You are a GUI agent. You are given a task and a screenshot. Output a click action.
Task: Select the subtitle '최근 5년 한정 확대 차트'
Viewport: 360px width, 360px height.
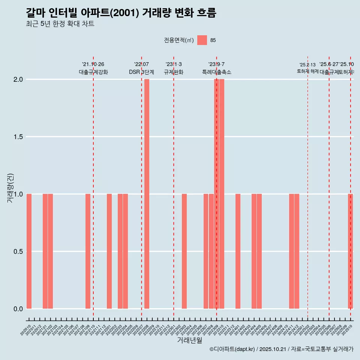pyautogui.click(x=60, y=24)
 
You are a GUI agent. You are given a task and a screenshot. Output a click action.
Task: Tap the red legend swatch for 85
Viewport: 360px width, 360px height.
pyautogui.click(x=202, y=40)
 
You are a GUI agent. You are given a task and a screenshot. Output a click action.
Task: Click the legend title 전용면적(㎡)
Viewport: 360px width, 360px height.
pyautogui.click(x=178, y=40)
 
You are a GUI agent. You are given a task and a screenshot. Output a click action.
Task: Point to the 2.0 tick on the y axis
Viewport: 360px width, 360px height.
pyautogui.click(x=18, y=79)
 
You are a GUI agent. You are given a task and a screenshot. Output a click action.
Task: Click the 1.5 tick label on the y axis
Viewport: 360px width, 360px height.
pyautogui.click(x=18, y=137)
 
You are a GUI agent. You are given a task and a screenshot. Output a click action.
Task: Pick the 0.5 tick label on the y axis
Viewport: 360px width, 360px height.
pyautogui.click(x=18, y=252)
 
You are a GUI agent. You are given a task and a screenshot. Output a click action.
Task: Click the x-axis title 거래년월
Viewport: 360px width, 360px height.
pyautogui.click(x=189, y=340)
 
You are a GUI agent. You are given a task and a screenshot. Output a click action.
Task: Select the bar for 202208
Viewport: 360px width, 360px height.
pyautogui.click(x=147, y=194)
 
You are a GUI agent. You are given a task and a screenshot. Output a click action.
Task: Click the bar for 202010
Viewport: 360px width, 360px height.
pyautogui.click(x=29, y=251)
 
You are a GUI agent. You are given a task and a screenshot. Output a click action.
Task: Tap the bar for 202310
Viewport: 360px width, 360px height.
pyautogui.click(x=222, y=194)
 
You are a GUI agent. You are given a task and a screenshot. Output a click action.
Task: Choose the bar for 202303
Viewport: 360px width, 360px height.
pyautogui.click(x=184, y=251)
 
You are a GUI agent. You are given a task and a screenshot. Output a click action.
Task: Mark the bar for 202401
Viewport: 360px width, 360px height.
pyautogui.click(x=238, y=251)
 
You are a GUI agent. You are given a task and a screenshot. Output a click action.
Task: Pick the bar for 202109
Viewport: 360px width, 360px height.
pyautogui.click(x=88, y=251)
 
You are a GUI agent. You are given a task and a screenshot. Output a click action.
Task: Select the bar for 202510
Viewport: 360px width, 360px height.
pyautogui.click(x=350, y=251)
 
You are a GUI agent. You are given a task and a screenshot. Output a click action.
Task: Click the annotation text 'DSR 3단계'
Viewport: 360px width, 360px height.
pyautogui.click(x=141, y=72)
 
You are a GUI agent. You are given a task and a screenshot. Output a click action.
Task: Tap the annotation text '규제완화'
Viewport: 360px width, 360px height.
pyautogui.click(x=174, y=72)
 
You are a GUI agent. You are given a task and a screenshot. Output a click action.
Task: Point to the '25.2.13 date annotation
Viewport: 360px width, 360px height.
pyautogui.click(x=307, y=65)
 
